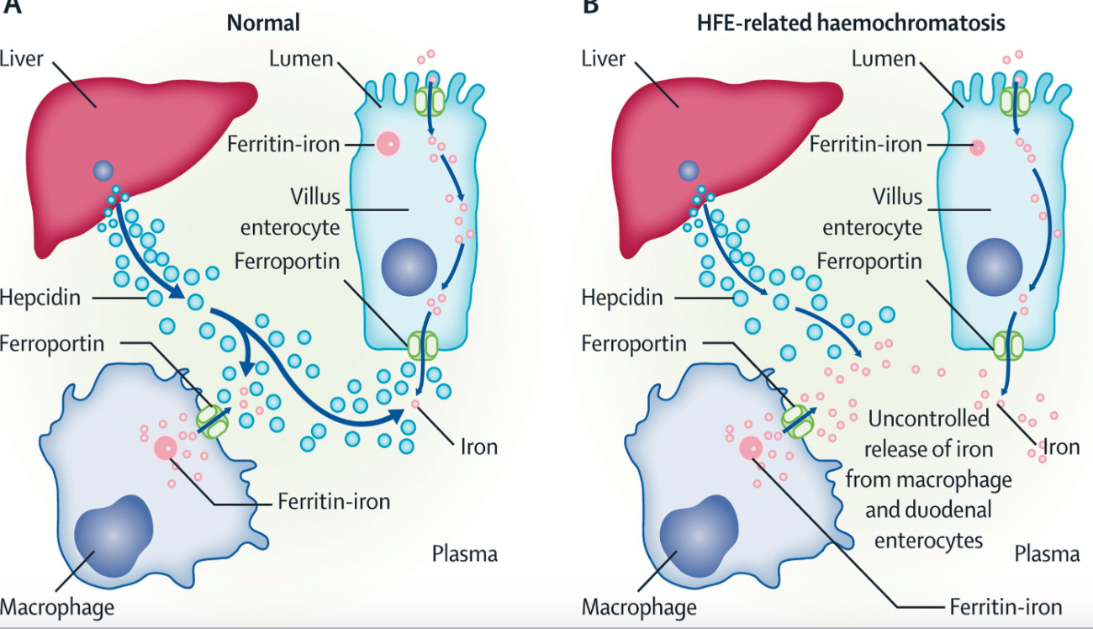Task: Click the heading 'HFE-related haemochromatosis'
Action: pos(851,22)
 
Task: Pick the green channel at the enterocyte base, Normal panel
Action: pos(423,346)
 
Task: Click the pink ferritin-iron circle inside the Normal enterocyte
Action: pos(388,144)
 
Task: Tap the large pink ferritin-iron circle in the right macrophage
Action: pos(748,447)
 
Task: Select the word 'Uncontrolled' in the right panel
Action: pos(927,419)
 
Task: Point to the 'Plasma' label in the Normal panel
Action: pos(464,553)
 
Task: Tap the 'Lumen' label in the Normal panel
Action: pos(301,59)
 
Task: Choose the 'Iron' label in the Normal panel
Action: pos(478,447)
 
